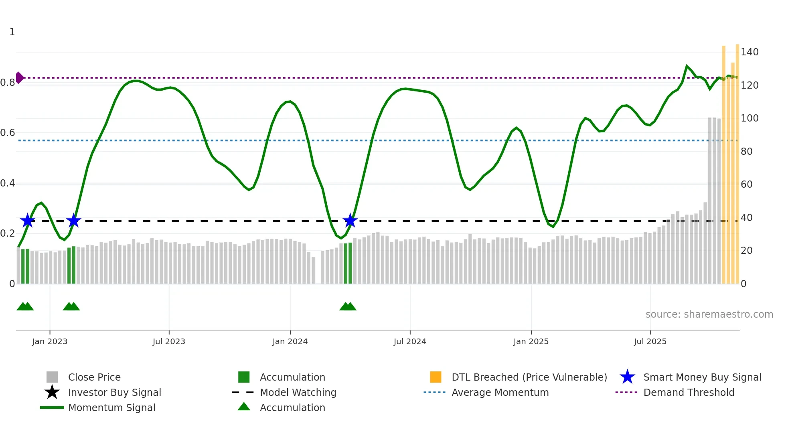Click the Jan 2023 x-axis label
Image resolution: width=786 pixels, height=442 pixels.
coord(50,341)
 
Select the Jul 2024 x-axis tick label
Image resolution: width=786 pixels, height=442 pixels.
coord(410,341)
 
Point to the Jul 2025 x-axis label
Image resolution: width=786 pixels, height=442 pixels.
coord(650,341)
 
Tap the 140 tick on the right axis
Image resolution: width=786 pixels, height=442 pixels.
coord(750,52)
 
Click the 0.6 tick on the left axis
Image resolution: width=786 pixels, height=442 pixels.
coord(8,133)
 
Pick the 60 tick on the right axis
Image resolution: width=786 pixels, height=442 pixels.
coord(746,185)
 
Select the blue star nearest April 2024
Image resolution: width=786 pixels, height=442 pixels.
coord(350,220)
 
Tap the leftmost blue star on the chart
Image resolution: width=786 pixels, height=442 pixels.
coord(28,220)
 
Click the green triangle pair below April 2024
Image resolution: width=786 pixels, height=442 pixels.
coord(348,306)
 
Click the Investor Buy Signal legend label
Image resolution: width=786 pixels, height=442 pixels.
coord(114,392)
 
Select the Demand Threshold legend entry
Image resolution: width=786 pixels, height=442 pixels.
coord(689,392)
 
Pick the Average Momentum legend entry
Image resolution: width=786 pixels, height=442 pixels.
coord(500,392)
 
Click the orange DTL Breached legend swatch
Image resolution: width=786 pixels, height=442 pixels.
coord(436,377)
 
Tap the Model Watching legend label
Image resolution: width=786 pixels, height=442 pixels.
coord(298,392)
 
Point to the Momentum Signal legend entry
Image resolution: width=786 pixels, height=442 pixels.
coord(111,408)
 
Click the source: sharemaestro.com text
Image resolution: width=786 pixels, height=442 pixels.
coord(709,314)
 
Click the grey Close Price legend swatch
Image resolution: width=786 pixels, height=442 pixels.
coord(52,377)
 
